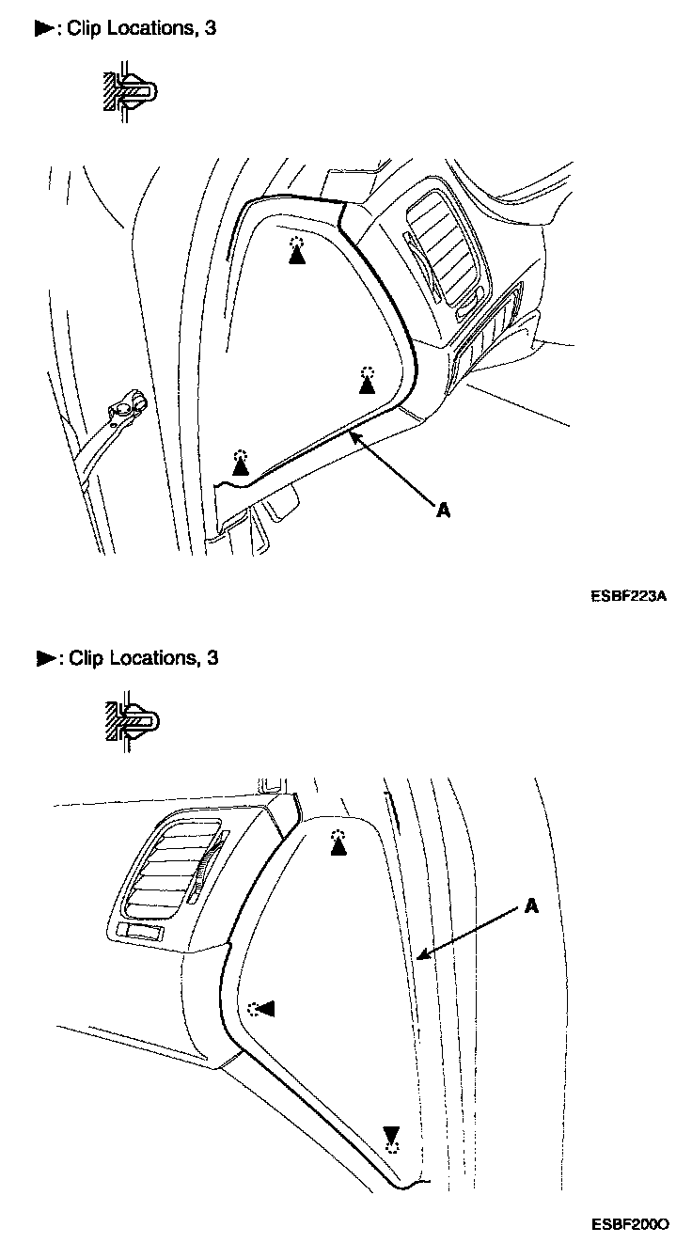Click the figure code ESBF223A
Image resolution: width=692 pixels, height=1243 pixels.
click(629, 595)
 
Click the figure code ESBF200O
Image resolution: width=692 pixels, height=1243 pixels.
click(629, 1224)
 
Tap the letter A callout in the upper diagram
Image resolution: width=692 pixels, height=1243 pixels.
click(443, 510)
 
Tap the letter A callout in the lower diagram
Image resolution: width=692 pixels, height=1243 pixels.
click(531, 905)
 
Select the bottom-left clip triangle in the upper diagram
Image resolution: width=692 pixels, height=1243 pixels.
click(242, 466)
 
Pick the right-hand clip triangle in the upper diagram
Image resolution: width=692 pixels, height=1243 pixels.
click(368, 384)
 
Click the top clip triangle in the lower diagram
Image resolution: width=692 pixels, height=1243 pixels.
click(338, 847)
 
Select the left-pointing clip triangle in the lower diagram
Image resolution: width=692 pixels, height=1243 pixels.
click(266, 1009)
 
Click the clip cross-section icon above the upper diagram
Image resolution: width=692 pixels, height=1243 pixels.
click(129, 91)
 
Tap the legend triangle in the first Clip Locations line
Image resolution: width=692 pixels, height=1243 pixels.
click(45, 29)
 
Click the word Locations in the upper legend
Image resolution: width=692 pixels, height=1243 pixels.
click(150, 28)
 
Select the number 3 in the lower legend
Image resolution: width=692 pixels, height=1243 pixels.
click(212, 658)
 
